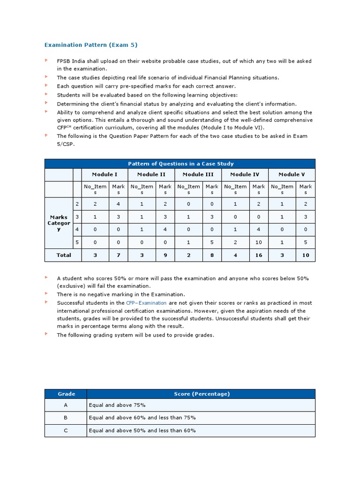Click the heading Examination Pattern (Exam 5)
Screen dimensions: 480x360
click(x=91, y=45)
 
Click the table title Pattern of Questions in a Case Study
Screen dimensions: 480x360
click(x=180, y=164)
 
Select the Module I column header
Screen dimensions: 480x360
click(x=105, y=174)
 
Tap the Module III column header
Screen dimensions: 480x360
click(x=198, y=174)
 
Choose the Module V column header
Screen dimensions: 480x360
click(x=292, y=174)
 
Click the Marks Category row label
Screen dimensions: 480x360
click(x=59, y=223)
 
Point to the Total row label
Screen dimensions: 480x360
click(x=63, y=255)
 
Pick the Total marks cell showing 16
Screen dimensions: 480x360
click(x=259, y=255)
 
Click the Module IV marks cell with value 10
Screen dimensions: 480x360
click(x=259, y=242)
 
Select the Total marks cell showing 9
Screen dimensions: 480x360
click(x=165, y=255)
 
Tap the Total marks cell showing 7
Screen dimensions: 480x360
click(x=119, y=255)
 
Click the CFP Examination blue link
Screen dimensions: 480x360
click(x=146, y=303)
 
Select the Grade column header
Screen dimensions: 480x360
click(x=66, y=394)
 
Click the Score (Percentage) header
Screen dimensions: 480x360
click(x=202, y=394)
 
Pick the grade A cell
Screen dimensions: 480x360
click(x=66, y=405)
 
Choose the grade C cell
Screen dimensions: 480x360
click(x=66, y=430)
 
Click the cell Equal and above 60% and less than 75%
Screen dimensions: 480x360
click(x=142, y=418)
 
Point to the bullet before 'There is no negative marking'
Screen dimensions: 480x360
click(x=46, y=294)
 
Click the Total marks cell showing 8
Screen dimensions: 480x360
click(x=212, y=255)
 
